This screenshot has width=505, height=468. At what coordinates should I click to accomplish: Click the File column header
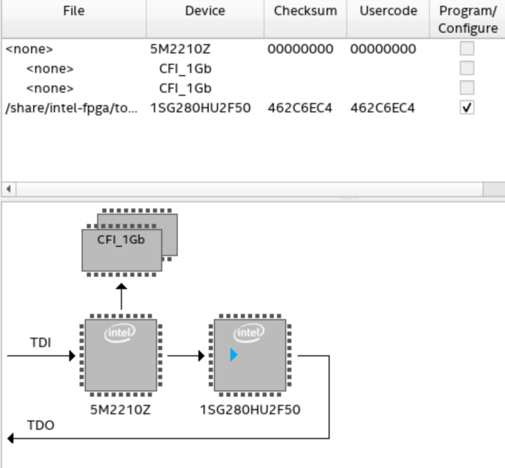[x=73, y=12]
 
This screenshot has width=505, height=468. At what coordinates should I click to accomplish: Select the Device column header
[x=205, y=12]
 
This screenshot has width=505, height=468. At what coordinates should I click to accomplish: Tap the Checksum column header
[x=305, y=12]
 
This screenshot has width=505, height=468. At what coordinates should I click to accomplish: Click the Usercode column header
[x=389, y=12]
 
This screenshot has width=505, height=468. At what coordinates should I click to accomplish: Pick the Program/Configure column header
[x=467, y=19]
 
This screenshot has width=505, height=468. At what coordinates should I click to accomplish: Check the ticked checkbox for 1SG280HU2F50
[x=467, y=108]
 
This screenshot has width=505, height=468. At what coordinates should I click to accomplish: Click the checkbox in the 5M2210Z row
[x=467, y=49]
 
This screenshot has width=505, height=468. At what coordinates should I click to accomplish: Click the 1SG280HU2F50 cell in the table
[x=200, y=108]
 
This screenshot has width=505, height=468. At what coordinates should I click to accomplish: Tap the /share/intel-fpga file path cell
[x=72, y=108]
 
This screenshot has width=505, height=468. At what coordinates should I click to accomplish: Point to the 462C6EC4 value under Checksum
[x=300, y=108]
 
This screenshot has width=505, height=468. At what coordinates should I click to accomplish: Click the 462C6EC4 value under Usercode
[x=382, y=108]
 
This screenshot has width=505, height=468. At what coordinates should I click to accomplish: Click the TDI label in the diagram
[x=39, y=341]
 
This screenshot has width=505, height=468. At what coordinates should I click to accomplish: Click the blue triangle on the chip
[x=234, y=355]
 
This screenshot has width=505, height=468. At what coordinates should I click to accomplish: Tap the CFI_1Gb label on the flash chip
[x=121, y=241]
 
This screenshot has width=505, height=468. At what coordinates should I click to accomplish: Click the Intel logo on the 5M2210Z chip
[x=116, y=333]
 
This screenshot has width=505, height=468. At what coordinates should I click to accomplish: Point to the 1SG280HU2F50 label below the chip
[x=250, y=410]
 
